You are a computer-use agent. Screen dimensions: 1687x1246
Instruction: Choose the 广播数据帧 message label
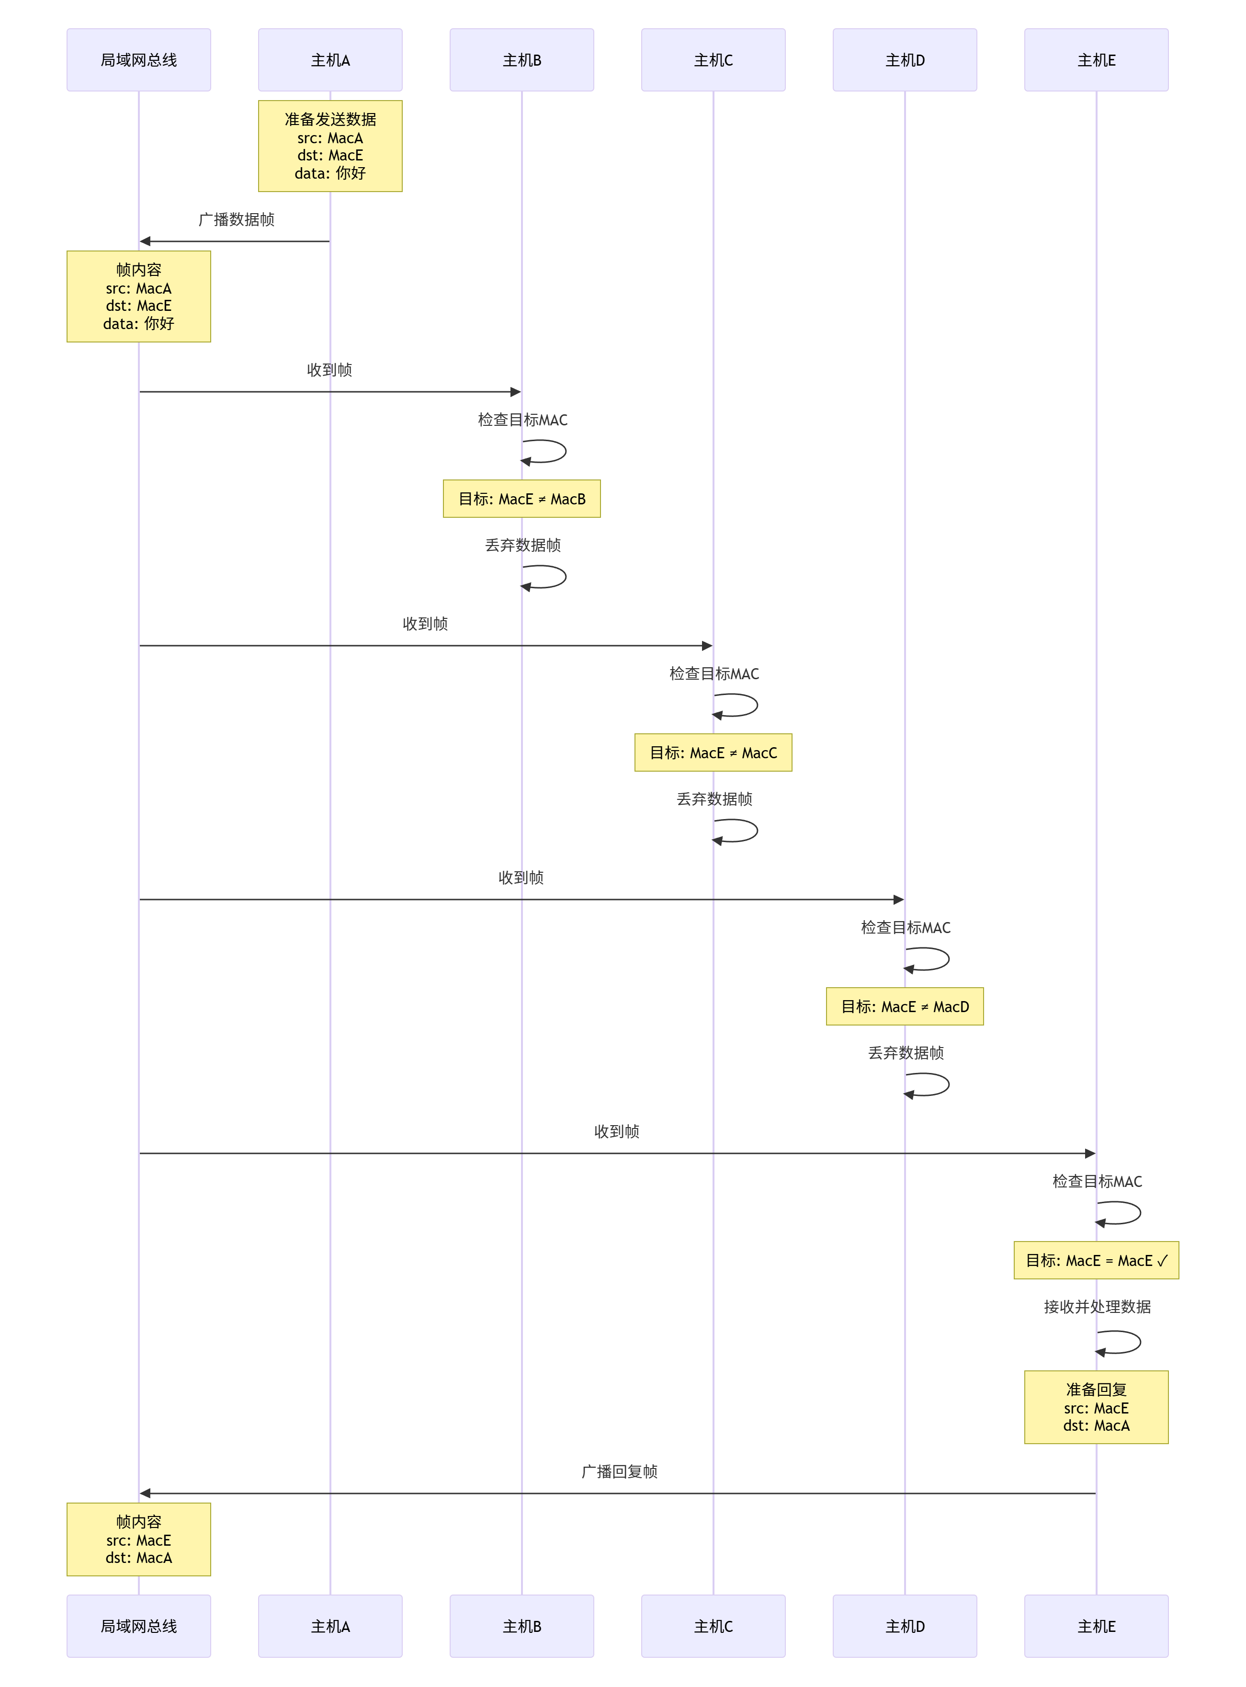click(236, 219)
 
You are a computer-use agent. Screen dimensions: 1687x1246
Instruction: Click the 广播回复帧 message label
click(619, 1471)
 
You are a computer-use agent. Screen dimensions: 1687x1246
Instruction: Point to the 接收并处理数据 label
click(1097, 1307)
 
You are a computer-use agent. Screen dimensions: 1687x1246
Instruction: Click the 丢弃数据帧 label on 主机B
click(523, 545)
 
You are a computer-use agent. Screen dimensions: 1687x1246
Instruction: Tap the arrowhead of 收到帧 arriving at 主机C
click(707, 646)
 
